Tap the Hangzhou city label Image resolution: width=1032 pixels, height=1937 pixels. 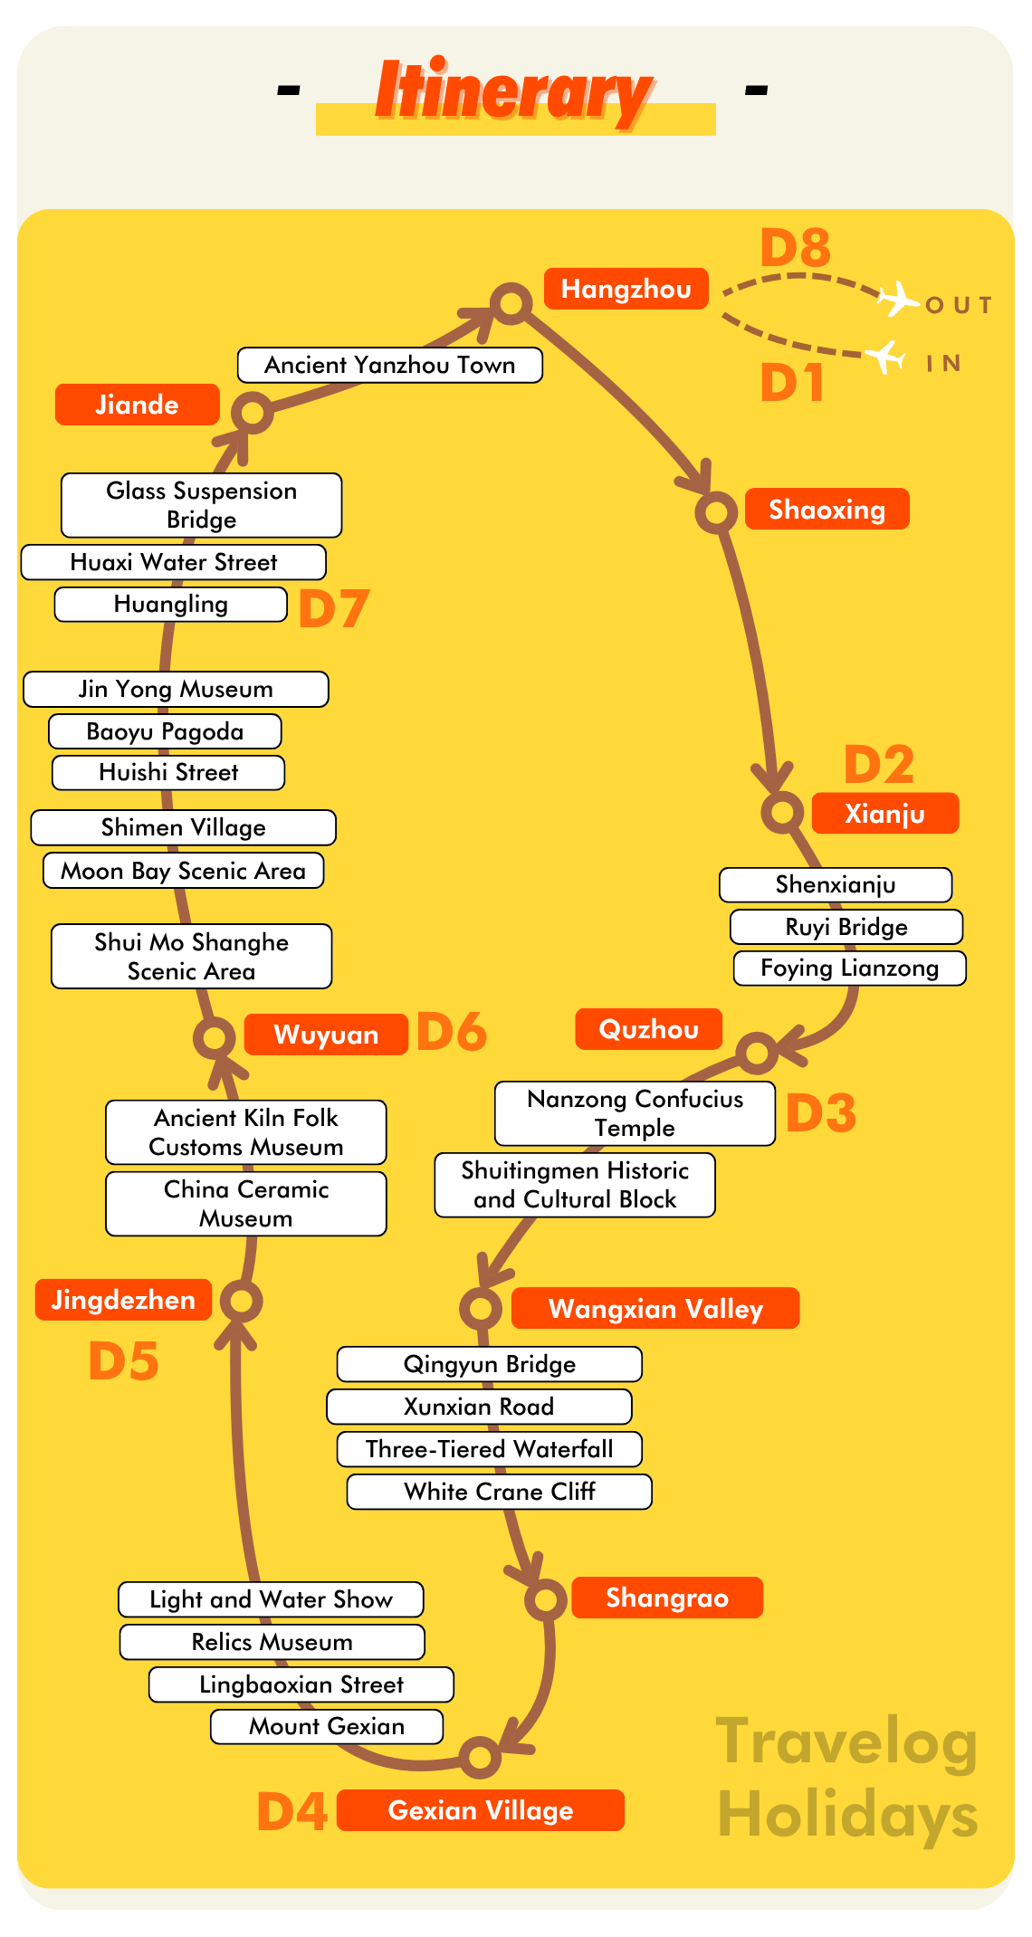(x=626, y=289)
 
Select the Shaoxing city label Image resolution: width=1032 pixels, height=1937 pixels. (x=827, y=510)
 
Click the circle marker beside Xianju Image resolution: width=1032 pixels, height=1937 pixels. (x=782, y=811)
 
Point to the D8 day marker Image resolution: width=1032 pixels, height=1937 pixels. (x=795, y=248)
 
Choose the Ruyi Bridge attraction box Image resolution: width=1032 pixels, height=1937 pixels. (x=846, y=927)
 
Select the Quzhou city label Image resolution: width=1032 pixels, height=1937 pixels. (x=648, y=1029)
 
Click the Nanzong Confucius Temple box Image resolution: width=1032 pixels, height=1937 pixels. (x=635, y=1113)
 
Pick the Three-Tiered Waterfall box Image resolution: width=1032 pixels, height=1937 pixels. (x=489, y=1449)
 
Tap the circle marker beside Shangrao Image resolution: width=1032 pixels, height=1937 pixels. (x=546, y=1599)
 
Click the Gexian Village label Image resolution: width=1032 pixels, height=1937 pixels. (x=480, y=1810)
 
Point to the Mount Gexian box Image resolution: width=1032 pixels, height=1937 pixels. (x=327, y=1726)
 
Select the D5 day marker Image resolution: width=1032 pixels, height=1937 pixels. (x=124, y=1361)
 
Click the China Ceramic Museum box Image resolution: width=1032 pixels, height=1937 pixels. (x=246, y=1204)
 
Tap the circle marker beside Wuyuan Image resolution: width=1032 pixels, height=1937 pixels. (x=215, y=1037)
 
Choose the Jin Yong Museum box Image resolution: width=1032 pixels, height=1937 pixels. (x=176, y=689)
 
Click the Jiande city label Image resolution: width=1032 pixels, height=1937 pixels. (x=137, y=405)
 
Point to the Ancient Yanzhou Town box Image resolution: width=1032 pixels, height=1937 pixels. (x=389, y=365)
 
